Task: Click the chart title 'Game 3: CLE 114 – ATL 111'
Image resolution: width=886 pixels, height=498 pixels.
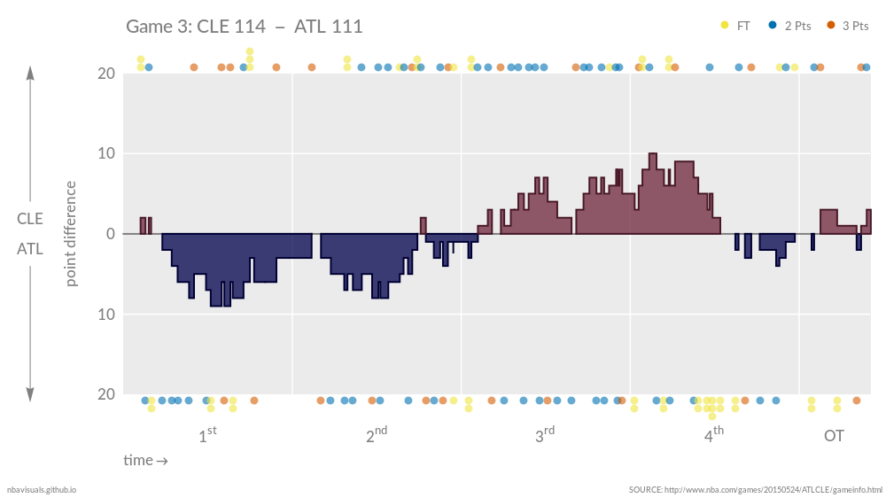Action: (244, 27)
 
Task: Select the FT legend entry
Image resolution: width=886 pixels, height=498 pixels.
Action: (736, 26)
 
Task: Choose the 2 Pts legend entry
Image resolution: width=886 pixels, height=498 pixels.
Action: (790, 26)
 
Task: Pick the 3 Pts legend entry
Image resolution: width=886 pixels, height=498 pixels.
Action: (848, 26)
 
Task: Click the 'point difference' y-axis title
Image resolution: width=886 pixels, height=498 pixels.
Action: (71, 234)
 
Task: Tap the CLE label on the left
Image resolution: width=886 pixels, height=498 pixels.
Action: (30, 218)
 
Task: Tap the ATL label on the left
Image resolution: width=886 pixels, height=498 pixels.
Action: (30, 250)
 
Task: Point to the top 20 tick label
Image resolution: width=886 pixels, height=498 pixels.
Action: (105, 74)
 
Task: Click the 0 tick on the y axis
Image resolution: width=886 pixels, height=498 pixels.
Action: (110, 234)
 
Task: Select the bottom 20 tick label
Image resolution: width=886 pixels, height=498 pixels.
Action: (105, 394)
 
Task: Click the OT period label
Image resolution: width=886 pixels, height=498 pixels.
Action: (834, 436)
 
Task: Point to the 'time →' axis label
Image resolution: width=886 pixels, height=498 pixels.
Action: (145, 461)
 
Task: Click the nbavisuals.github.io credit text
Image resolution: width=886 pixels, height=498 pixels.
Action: (42, 489)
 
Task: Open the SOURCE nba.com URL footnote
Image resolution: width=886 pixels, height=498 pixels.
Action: (756, 489)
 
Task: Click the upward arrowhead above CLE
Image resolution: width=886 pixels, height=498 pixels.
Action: (30, 73)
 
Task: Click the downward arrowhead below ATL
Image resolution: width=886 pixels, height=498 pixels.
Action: (30, 394)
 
